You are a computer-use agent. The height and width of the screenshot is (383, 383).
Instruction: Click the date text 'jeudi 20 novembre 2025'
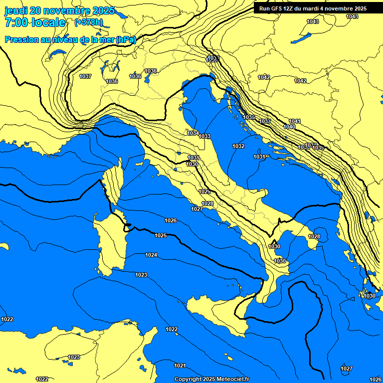point(59,10)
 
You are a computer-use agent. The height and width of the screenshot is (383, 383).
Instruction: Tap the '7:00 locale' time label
point(35,22)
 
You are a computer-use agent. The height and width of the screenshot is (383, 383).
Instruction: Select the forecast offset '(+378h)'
point(88,22)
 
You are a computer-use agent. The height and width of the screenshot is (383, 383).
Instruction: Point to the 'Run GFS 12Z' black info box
point(313,8)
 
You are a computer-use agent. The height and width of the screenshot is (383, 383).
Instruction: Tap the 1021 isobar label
point(180,366)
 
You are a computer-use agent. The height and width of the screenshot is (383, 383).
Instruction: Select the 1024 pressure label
point(151,255)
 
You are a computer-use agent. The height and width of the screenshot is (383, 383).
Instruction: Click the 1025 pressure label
point(161,235)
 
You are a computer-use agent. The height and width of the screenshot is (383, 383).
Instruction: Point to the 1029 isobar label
point(204,191)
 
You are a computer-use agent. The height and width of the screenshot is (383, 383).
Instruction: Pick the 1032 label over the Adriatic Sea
point(238,146)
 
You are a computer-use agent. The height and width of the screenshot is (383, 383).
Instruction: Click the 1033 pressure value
point(204,136)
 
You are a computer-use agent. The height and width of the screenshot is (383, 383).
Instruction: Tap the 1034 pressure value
point(193,133)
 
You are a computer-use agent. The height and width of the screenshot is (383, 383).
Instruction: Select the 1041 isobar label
point(295,121)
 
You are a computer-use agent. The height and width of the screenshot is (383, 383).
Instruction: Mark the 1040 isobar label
point(289,127)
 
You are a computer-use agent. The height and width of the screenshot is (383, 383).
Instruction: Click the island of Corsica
point(112,185)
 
